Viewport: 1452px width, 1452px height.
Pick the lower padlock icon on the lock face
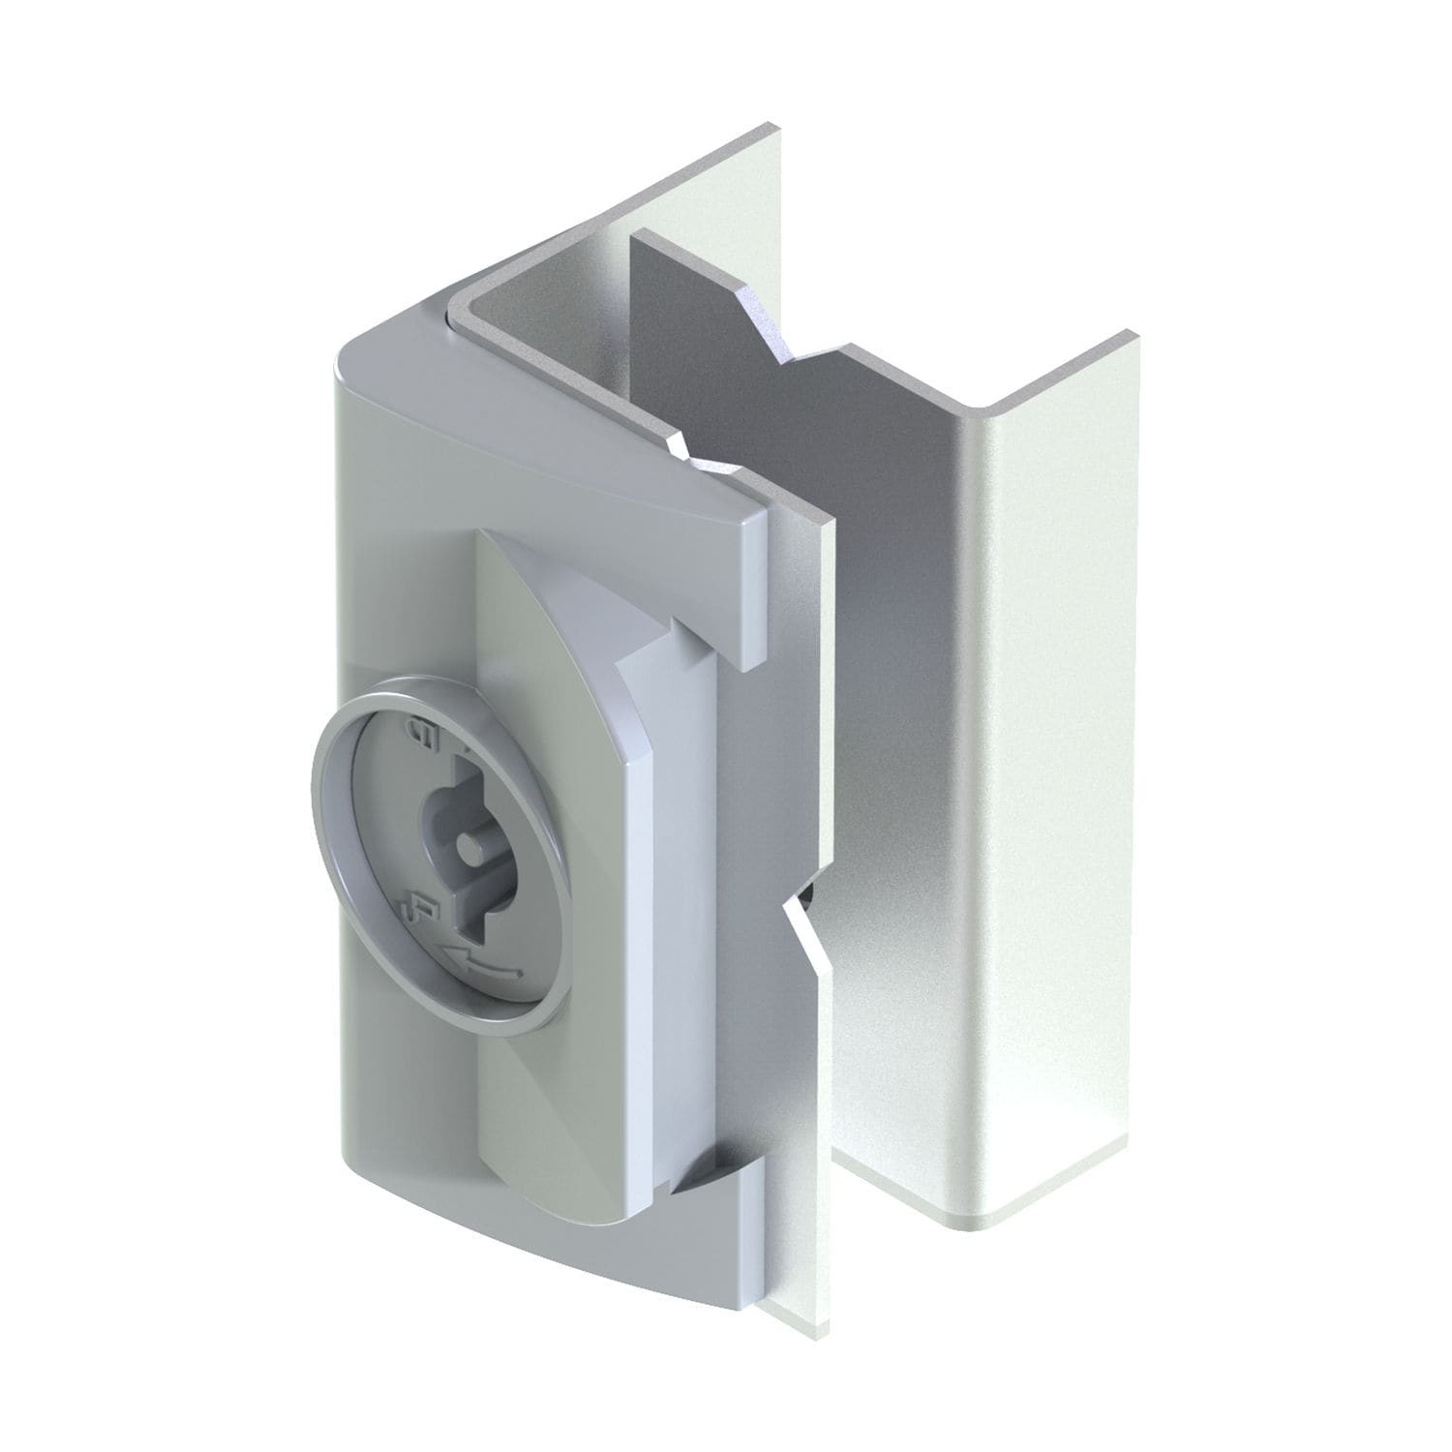[x=420, y=911]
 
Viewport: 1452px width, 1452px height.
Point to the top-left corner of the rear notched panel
[x=634, y=235]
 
